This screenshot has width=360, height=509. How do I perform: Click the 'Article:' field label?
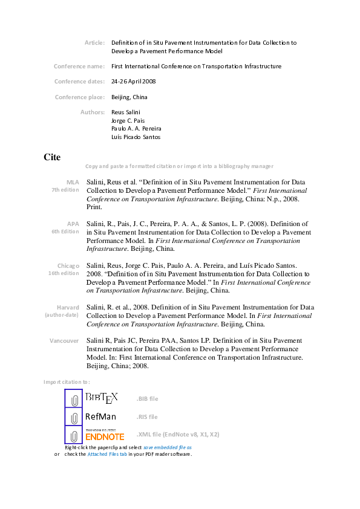pyautogui.click(x=94, y=43)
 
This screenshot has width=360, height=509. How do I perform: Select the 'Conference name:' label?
pyautogui.click(x=79, y=66)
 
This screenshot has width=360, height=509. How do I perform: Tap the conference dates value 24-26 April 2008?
pyautogui.click(x=134, y=81)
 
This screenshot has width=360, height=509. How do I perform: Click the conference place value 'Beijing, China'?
pyautogui.click(x=129, y=97)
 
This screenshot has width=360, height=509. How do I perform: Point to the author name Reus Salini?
pyautogui.click(x=126, y=112)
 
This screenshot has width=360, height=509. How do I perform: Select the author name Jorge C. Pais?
pyautogui.click(x=128, y=120)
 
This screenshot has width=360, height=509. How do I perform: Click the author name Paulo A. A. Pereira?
pyautogui.click(x=136, y=129)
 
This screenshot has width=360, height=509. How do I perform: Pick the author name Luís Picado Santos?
pyautogui.click(x=136, y=137)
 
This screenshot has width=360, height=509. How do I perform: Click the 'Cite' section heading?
pyautogui.click(x=52, y=157)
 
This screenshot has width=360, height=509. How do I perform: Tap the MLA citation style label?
pyautogui.click(x=73, y=181)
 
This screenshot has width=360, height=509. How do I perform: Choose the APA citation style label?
pyautogui.click(x=73, y=224)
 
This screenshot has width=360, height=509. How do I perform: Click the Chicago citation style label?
pyautogui.click(x=68, y=265)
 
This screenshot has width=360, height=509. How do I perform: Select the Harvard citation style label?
pyautogui.click(x=68, y=307)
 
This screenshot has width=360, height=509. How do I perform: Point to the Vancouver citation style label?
pyautogui.click(x=64, y=341)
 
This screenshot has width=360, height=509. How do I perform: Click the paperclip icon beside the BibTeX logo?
pyautogui.click(x=74, y=400)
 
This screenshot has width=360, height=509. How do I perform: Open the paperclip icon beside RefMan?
pyautogui.click(x=74, y=417)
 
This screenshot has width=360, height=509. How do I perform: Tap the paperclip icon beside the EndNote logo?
pyautogui.click(x=74, y=435)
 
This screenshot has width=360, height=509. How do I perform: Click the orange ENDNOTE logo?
pyautogui.click(x=105, y=436)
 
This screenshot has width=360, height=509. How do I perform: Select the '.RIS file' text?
pyautogui.click(x=147, y=417)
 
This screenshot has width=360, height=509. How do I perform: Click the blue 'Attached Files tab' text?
pyautogui.click(x=106, y=454)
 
